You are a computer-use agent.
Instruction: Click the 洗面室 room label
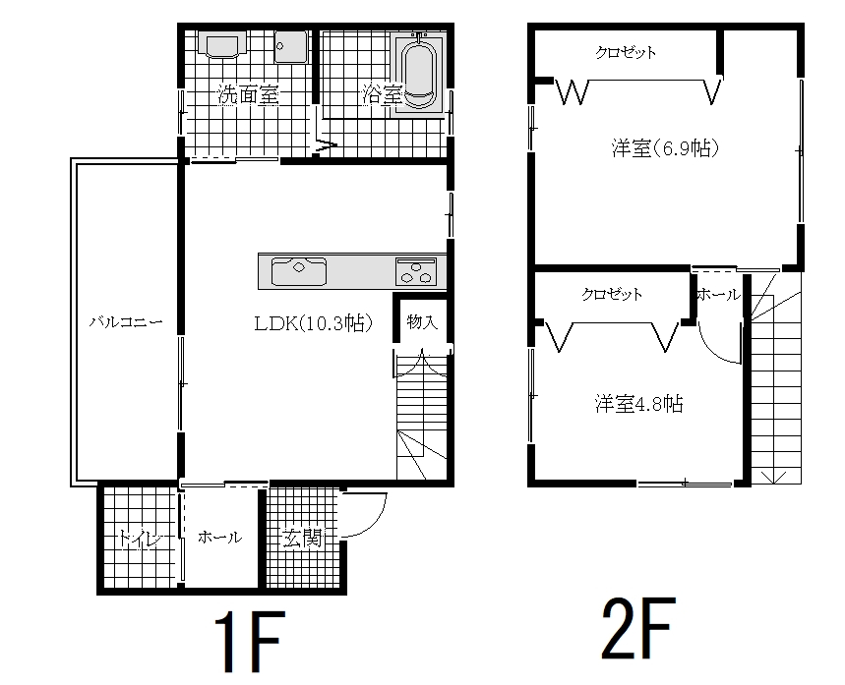pos(248,94)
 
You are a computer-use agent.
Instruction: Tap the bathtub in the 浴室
pos(420,75)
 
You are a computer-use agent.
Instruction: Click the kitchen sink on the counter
pos(298,271)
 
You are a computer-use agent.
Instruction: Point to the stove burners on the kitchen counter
pos(415,271)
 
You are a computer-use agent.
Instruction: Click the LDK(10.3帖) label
pos(314,323)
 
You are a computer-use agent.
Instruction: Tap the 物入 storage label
pos(422,322)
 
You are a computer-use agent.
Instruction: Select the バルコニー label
pos(126,322)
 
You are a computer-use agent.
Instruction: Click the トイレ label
pos(140,538)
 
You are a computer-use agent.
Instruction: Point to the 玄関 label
pos(302,538)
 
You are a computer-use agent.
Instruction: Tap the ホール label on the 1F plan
pos(220,537)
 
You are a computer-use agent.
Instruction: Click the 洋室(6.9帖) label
pos(665,147)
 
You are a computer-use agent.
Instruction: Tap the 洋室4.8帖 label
pos(639,403)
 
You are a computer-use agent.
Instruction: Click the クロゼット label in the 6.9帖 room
pos(626,52)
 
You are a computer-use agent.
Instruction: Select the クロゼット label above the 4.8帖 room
pos(612,294)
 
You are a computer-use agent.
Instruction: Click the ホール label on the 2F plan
pos(719,295)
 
